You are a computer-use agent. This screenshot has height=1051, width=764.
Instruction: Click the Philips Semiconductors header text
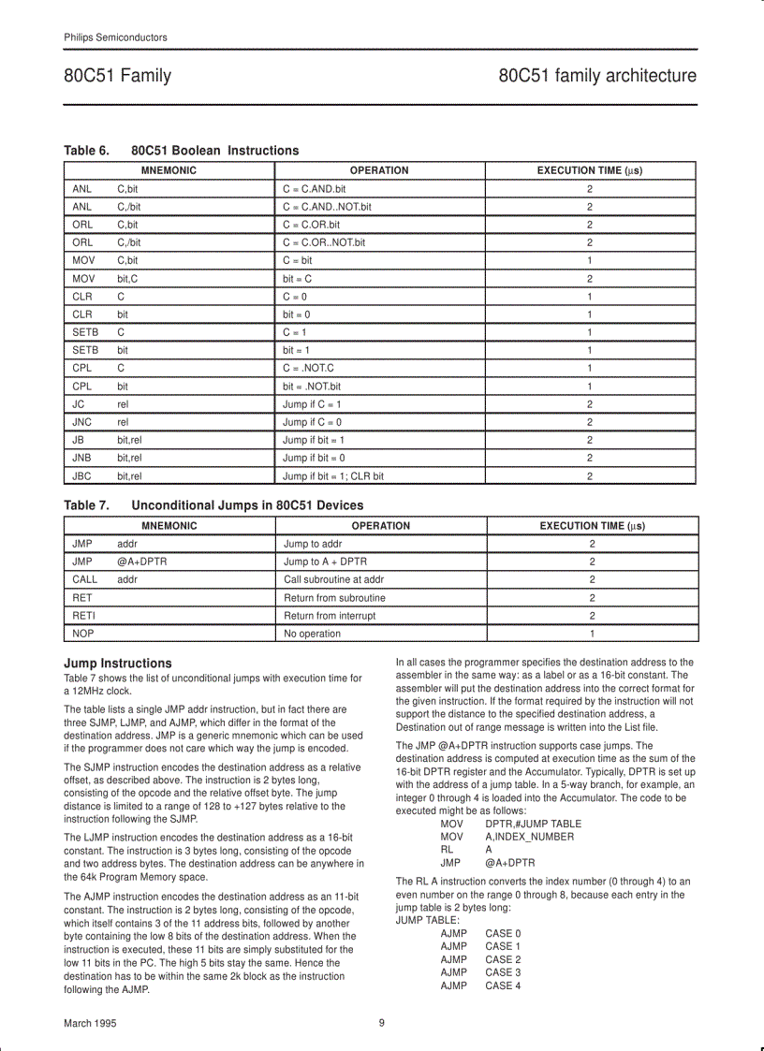point(115,37)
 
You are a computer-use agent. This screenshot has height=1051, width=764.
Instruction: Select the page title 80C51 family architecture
point(597,76)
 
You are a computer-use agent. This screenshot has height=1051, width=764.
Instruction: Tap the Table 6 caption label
point(86,151)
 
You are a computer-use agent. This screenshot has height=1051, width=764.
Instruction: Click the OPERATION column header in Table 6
point(378,170)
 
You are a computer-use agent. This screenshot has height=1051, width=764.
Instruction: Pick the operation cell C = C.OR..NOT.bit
point(324,242)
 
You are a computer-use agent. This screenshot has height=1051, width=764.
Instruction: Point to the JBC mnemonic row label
point(81,475)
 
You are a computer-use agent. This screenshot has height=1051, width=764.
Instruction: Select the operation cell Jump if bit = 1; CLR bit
point(332,475)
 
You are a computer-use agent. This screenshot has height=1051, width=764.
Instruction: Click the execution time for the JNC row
point(590,422)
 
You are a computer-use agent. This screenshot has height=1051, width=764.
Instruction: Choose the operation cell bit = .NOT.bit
point(312,387)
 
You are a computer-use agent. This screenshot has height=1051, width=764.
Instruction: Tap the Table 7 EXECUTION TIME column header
point(592,526)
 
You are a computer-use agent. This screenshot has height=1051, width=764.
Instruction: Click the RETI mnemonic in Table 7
point(83,616)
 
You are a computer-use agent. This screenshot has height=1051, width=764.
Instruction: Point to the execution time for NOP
point(592,634)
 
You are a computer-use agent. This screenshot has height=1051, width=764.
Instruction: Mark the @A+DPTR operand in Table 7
point(142,562)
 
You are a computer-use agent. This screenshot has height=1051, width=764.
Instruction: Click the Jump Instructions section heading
point(117,663)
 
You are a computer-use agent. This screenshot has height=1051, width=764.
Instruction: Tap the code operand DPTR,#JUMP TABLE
point(533,824)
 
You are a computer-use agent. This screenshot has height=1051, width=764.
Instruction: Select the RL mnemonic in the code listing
point(447,850)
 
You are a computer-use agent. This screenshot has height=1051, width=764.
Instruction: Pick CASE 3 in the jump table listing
point(503,972)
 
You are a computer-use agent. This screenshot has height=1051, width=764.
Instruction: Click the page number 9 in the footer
point(382,1023)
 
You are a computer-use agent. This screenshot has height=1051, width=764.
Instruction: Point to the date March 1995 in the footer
point(90,1024)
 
